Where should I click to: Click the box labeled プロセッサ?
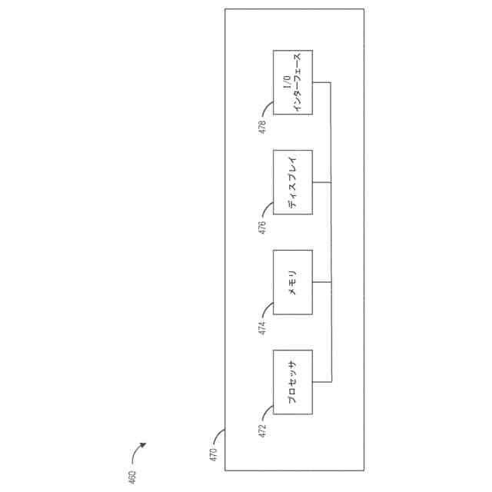point(293,381)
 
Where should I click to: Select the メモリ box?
point(293,281)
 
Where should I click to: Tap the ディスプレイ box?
point(293,182)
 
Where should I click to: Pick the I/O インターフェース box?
point(293,82)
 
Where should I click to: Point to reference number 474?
point(262,329)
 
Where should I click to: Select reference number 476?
point(262,228)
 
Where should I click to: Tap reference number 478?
point(262,128)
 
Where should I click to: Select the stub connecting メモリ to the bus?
point(321,282)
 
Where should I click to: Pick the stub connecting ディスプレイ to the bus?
point(321,182)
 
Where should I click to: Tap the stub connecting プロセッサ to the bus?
point(321,382)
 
